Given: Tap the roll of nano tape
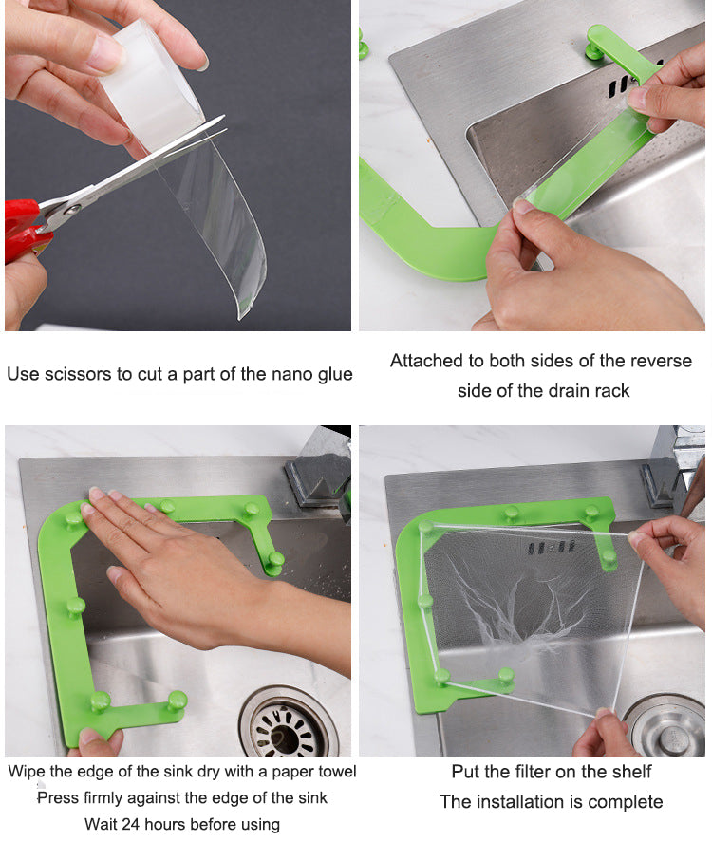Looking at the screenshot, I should (152, 81).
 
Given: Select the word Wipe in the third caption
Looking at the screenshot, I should (28, 771).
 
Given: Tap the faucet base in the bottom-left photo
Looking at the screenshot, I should (318, 479).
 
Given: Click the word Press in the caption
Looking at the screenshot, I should (58, 797).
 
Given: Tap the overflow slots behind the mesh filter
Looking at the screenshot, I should (550, 548).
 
